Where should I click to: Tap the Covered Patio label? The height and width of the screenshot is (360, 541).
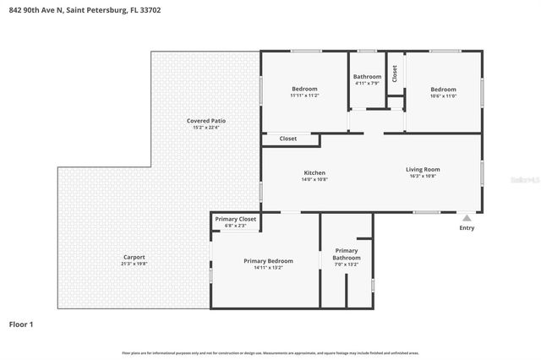tap(206, 121)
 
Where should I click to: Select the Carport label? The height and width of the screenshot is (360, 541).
tap(134, 257)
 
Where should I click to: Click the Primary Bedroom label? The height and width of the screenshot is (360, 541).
tap(268, 261)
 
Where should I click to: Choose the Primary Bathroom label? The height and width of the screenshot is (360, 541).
tap(347, 254)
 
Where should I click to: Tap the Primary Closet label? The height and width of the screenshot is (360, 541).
tap(235, 219)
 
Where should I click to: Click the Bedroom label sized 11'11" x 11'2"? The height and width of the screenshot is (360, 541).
tap(304, 89)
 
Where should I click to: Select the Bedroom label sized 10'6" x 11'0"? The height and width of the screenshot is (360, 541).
tap(443, 89)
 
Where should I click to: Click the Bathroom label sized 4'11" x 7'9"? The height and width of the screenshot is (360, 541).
tap(367, 77)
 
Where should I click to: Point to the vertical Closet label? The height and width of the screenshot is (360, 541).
tap(395, 74)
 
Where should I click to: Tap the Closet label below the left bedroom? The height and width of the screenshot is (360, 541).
tap(288, 139)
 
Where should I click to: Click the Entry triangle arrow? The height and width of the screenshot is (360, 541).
tap(466, 217)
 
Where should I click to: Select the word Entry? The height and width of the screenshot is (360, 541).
tap(467, 228)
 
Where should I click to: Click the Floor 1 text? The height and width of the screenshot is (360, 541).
tap(21, 324)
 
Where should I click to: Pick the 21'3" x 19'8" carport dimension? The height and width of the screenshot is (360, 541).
tap(134, 264)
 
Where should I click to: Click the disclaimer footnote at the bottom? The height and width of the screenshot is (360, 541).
tap(270, 352)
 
